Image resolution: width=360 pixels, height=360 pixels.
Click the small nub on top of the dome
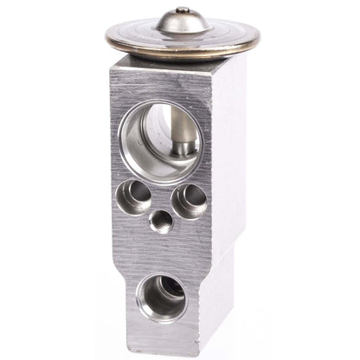coord(182,10)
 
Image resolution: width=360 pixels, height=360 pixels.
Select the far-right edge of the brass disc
coord(260,36)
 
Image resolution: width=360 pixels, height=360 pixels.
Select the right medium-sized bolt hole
coord(189,200)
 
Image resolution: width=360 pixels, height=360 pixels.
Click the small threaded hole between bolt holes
coord(160,222)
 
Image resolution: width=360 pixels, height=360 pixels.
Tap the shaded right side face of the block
coord(229,156)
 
